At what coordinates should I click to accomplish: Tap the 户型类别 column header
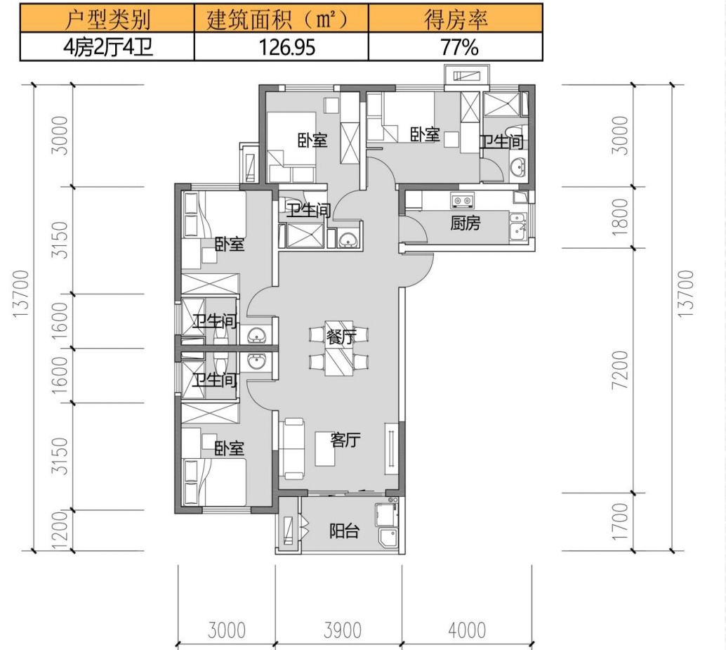click(107, 18)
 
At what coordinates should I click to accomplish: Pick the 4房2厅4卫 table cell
click(107, 47)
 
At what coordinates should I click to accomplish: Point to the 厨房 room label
click(466, 223)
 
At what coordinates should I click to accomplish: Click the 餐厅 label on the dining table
click(341, 337)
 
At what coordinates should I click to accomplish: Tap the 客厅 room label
click(345, 440)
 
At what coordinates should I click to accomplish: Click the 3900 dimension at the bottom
click(342, 630)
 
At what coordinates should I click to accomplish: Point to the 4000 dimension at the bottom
click(467, 630)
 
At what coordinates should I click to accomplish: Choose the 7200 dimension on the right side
click(620, 370)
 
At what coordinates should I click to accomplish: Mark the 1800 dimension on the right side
click(620, 217)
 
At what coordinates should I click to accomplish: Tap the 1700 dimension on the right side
click(620, 521)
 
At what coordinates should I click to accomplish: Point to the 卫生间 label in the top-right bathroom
click(501, 142)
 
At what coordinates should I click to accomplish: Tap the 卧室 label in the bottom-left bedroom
click(229, 448)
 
